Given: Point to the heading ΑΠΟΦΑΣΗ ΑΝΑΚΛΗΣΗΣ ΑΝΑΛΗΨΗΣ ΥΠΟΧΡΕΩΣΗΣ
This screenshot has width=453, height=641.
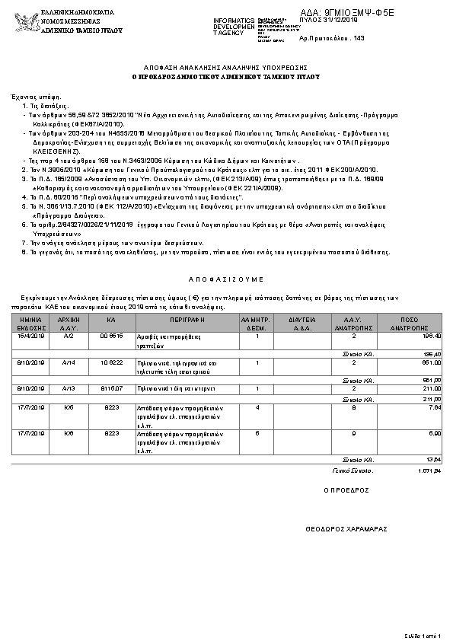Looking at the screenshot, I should pos(226,67).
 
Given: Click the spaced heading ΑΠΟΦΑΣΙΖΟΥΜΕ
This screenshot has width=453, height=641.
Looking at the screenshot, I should pos(226,279).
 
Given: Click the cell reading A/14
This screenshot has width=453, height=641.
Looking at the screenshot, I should pos(69,362).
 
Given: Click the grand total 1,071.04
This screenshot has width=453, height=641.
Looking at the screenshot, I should pos(430,470).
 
